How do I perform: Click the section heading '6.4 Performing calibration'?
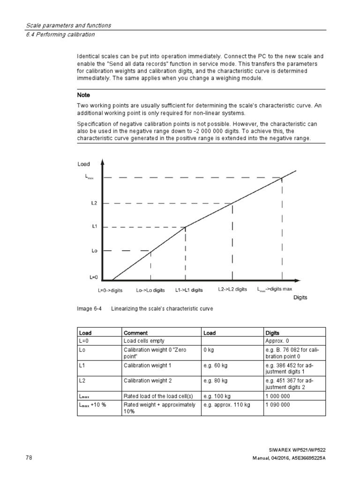pos(60,34)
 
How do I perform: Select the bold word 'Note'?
pos(83,95)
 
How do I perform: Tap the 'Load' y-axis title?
pos(83,164)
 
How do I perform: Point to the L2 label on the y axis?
pos(94,203)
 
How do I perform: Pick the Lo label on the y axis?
pos(94,251)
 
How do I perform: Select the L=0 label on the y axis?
pos(93,277)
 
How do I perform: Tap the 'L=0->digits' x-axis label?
pos(110,290)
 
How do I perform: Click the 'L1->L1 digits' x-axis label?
pos(189,290)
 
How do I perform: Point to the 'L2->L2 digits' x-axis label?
pos(232,289)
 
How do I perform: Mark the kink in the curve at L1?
pos(186,227)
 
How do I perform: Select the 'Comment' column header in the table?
pos(135,333)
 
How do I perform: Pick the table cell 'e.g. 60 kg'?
pos(215,365)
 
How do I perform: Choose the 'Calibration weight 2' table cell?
pos(147,381)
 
